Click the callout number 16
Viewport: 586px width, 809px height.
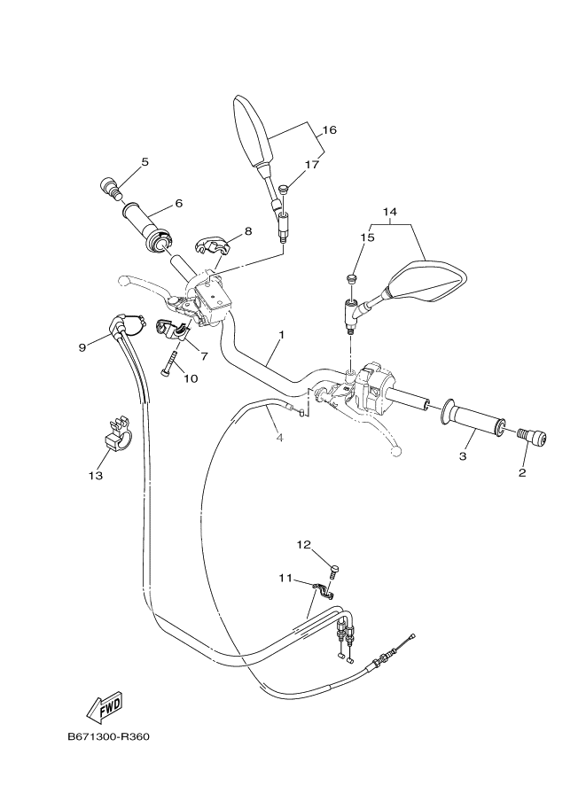[x=329, y=130]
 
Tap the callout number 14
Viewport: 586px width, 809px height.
[x=391, y=212]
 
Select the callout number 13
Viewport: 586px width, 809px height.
[x=95, y=476]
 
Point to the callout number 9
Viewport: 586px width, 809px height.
[x=82, y=347]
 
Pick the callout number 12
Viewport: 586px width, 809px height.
[x=303, y=545]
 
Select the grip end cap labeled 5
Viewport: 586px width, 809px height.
[x=109, y=188]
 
